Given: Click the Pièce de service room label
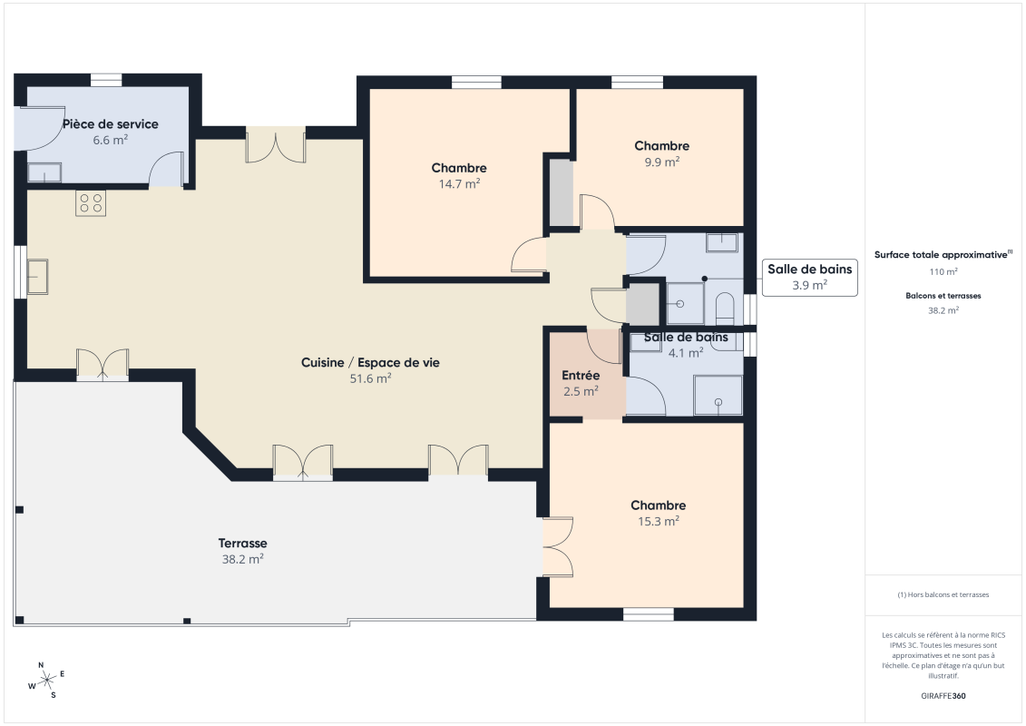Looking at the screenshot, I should tap(110, 124).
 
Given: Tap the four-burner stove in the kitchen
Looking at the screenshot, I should tap(90, 203).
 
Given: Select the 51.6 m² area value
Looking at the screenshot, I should tap(370, 378).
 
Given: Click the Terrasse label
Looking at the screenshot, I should tap(242, 543).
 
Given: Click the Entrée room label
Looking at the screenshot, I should tap(581, 376).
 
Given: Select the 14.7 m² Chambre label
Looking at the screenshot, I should tap(459, 168).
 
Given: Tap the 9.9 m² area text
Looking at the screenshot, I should tap(661, 162).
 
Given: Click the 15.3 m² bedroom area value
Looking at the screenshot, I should tap(658, 521).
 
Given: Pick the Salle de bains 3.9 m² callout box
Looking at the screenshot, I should tap(809, 277).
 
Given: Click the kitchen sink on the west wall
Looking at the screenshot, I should tap(37, 276).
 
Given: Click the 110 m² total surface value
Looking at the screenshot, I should tap(943, 271).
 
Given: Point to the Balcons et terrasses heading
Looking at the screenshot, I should tap(943, 296).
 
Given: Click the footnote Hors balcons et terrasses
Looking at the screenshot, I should tap(943, 594).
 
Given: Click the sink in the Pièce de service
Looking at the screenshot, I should tap(44, 173).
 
